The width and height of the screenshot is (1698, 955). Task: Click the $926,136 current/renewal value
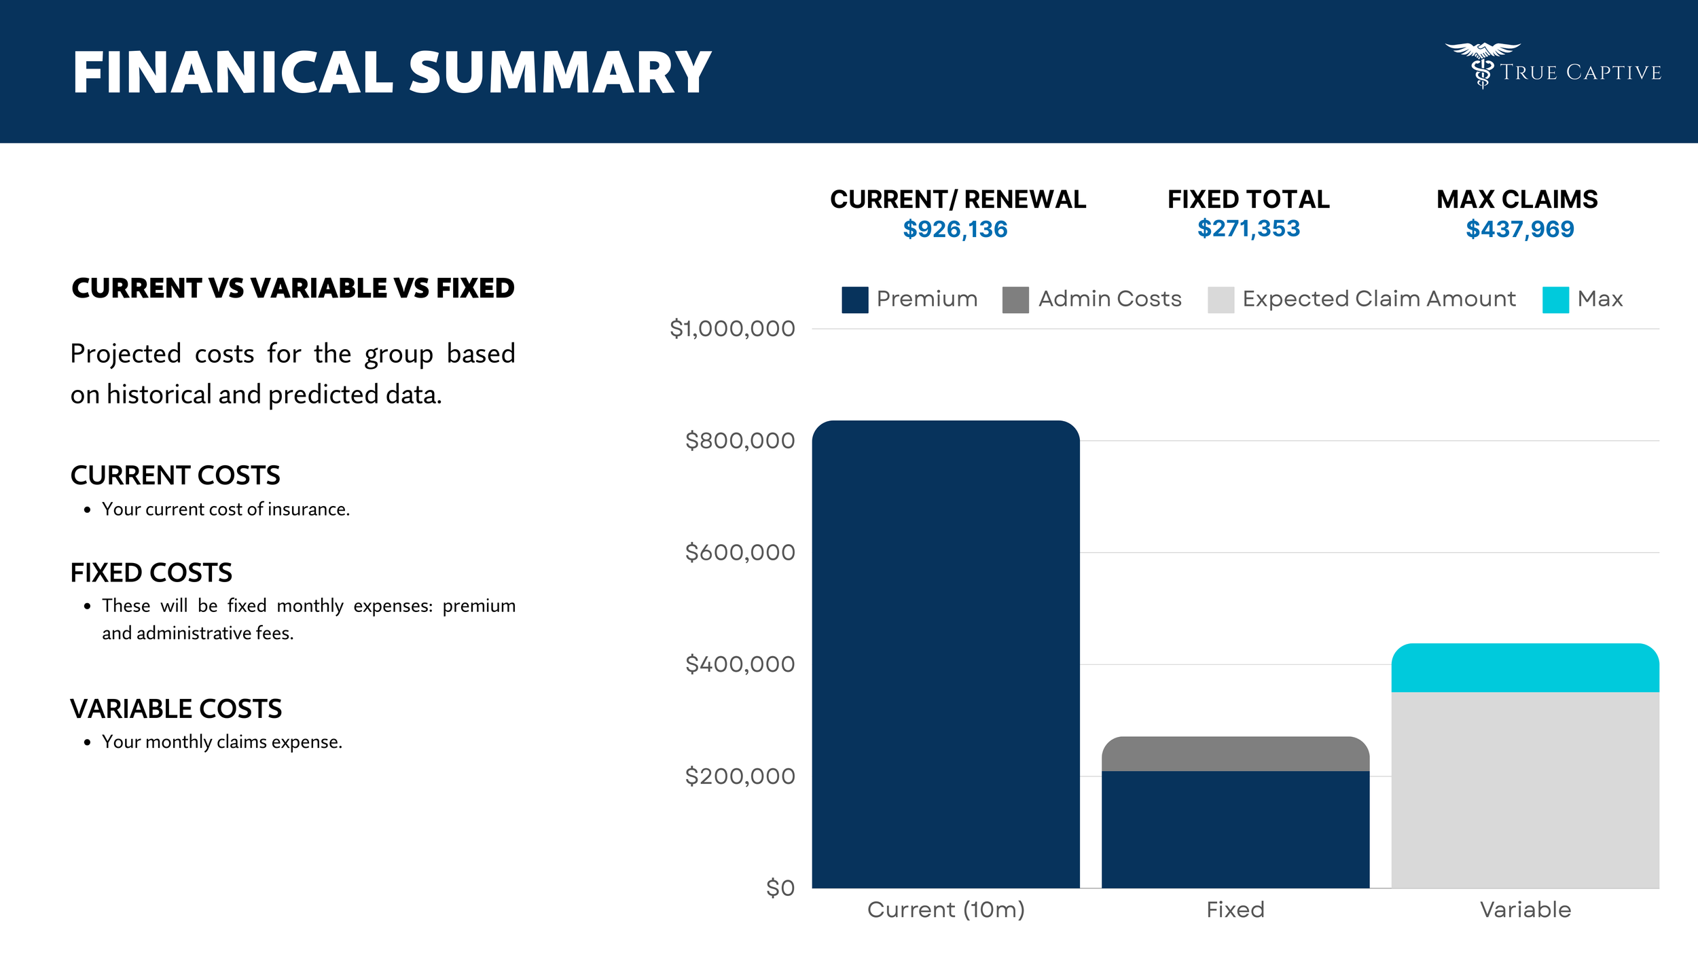955,229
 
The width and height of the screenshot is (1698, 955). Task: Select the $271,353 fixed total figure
1248,228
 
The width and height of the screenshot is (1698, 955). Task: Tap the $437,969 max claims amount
1519,229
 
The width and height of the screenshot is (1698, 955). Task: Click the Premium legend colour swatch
854,300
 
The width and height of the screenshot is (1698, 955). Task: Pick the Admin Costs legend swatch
1015,300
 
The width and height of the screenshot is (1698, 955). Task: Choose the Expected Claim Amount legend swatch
1221,300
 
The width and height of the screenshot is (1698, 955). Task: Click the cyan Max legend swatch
1555,300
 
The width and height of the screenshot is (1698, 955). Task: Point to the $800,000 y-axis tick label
740,441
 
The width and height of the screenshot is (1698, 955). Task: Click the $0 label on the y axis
780,888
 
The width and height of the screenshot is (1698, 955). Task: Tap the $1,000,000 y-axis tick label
732,329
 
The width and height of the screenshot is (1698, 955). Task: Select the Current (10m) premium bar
945,652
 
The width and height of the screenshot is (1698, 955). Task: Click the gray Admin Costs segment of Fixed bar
1235,754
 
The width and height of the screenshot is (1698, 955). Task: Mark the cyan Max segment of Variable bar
1525,668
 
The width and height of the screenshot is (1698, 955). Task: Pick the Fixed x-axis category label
1235,909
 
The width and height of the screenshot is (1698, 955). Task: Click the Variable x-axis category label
1525,909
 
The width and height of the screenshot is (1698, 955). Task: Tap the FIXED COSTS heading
151,573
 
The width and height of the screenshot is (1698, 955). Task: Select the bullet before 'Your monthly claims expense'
87,742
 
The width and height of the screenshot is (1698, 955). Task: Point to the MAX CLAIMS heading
1517,199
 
